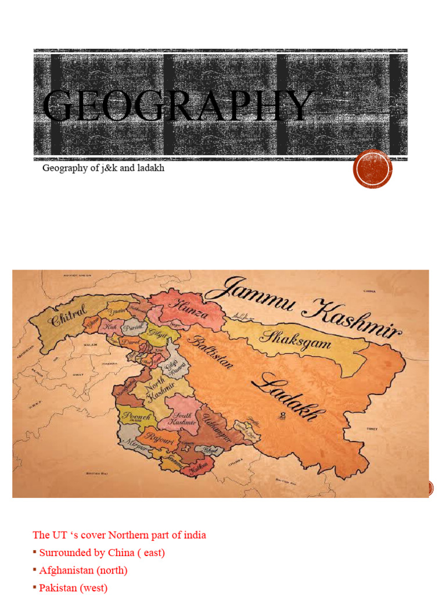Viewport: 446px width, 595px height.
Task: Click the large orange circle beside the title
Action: pos(373,169)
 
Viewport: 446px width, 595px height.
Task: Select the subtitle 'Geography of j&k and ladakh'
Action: pos(103,169)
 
